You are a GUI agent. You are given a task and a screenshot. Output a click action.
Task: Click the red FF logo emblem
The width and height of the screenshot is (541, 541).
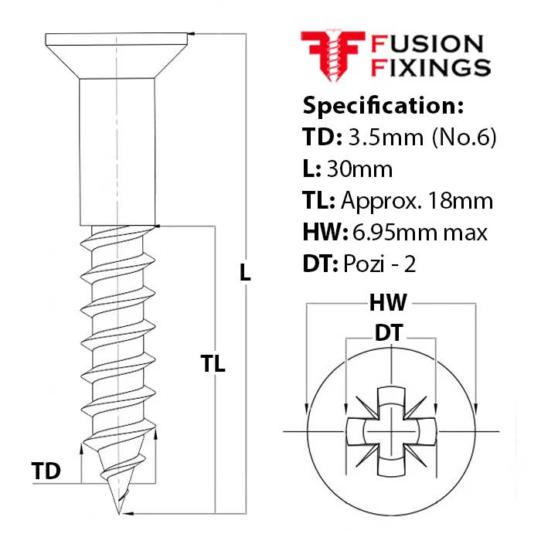coord(333,55)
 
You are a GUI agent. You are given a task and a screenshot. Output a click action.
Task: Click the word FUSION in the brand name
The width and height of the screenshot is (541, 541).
coord(427,44)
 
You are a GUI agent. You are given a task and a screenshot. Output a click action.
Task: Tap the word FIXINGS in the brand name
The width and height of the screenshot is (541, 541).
coord(430,67)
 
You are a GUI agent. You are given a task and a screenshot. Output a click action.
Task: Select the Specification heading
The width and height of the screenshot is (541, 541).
coord(383,105)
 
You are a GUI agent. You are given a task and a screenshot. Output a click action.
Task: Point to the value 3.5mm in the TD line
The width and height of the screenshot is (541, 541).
coord(386,137)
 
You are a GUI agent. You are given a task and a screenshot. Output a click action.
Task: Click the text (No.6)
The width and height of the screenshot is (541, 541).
coord(464,138)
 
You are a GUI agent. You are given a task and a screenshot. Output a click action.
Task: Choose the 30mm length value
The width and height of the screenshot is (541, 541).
coord(359,169)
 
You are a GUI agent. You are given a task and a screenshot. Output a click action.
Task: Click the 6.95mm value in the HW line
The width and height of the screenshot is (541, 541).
coord(395,233)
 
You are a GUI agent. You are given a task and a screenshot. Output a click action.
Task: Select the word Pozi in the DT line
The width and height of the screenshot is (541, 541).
coord(364,264)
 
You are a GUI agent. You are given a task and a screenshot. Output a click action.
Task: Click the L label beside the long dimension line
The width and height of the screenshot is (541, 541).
coord(245,272)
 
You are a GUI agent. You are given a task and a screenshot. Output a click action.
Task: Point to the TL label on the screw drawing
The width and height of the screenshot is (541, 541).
coord(213,363)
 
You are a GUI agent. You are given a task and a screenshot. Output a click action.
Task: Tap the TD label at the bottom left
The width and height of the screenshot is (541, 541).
coord(46,471)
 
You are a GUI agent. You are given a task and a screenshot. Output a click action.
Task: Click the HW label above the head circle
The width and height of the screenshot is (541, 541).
coord(388,303)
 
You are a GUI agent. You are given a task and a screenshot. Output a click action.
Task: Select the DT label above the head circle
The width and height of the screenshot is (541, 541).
coord(389,332)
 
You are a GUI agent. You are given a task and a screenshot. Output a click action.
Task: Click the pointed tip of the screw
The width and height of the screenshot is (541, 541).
coord(119,513)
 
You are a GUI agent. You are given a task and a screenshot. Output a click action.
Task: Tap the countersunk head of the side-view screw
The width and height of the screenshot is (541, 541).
coord(117,56)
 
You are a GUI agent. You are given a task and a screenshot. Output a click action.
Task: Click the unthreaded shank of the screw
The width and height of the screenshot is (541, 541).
coord(117,152)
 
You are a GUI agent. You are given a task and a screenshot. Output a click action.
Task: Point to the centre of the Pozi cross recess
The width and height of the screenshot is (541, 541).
coord(391,431)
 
